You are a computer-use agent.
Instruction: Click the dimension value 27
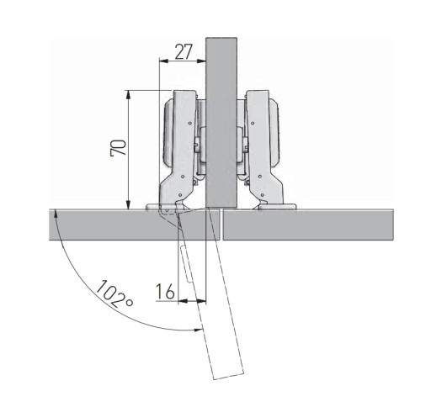tap(184, 52)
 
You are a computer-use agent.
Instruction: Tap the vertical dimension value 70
tap(118, 148)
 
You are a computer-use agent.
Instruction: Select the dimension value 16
tap(165, 291)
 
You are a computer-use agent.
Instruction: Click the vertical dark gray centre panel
tap(221, 123)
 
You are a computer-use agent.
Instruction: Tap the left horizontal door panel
tap(134, 225)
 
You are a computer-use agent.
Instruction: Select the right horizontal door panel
tap(308, 225)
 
